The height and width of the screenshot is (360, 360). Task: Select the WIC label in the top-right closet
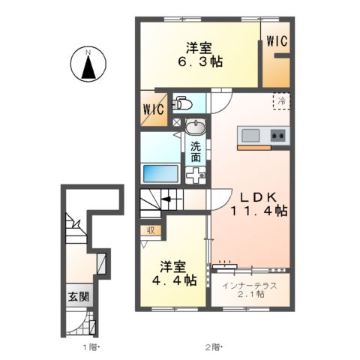click(277, 43)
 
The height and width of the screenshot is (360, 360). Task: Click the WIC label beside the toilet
click(153, 109)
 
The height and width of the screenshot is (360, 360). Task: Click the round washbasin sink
click(194, 125)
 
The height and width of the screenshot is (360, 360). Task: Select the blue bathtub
click(160, 172)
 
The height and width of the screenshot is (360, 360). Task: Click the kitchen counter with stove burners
click(262, 136)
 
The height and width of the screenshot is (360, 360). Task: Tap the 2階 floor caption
click(214, 347)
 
